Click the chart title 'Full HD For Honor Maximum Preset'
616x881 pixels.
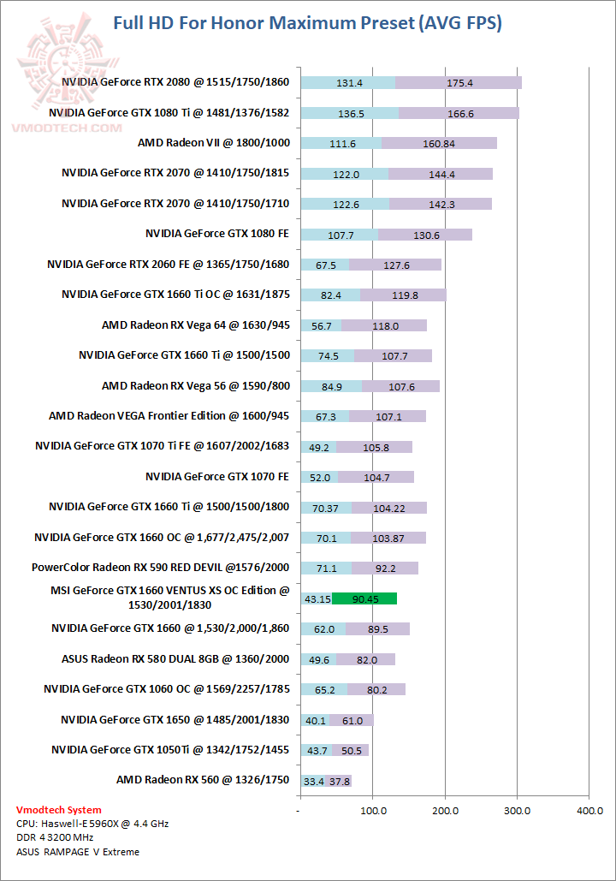307,23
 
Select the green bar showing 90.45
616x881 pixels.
364,598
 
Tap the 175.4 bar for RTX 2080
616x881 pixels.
459,83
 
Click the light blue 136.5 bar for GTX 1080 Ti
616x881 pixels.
350,113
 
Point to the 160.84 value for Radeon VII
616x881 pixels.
439,144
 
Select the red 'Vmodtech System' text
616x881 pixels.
58,810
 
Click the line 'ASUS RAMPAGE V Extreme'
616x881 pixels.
78,852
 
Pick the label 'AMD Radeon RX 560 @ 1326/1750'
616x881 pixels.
203,779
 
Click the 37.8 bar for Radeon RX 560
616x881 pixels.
338,781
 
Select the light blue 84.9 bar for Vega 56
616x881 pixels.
331,386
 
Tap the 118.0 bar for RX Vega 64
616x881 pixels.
383,325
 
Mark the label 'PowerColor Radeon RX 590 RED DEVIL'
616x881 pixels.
160,567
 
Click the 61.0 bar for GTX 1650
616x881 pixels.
351,720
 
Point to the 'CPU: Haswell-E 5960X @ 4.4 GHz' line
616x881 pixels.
92,824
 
